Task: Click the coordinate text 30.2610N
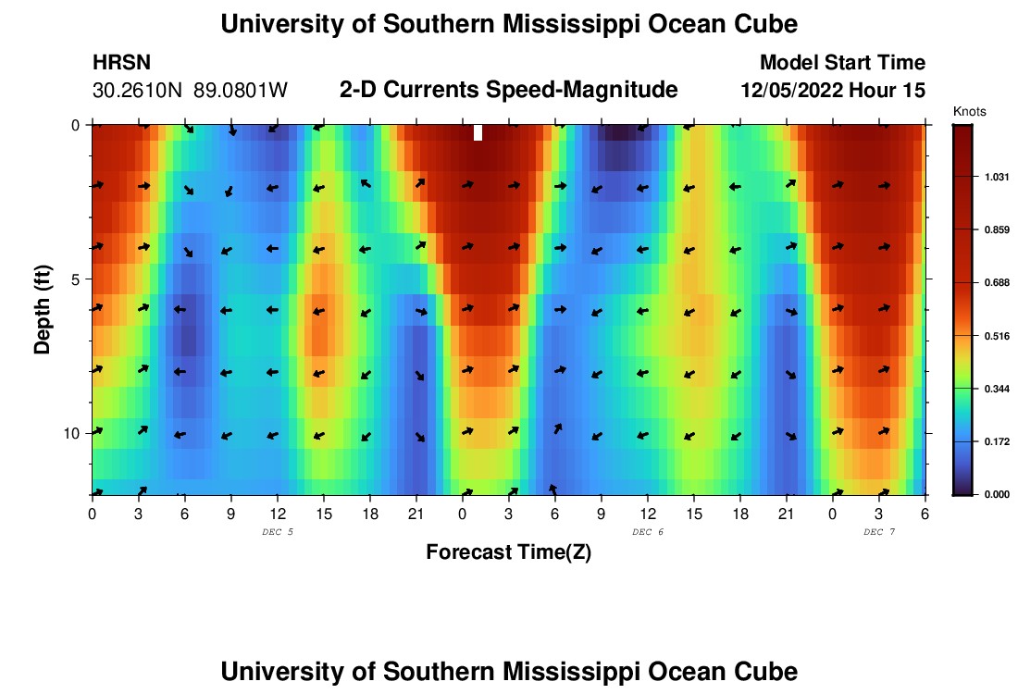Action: (139, 91)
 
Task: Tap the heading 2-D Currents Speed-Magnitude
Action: (509, 90)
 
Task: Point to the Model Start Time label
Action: (842, 63)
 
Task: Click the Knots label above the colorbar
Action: (969, 111)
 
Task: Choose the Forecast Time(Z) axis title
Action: (508, 552)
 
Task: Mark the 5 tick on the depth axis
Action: (77, 279)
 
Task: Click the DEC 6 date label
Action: (648, 532)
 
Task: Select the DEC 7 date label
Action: (879, 532)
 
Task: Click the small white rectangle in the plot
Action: (478, 132)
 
